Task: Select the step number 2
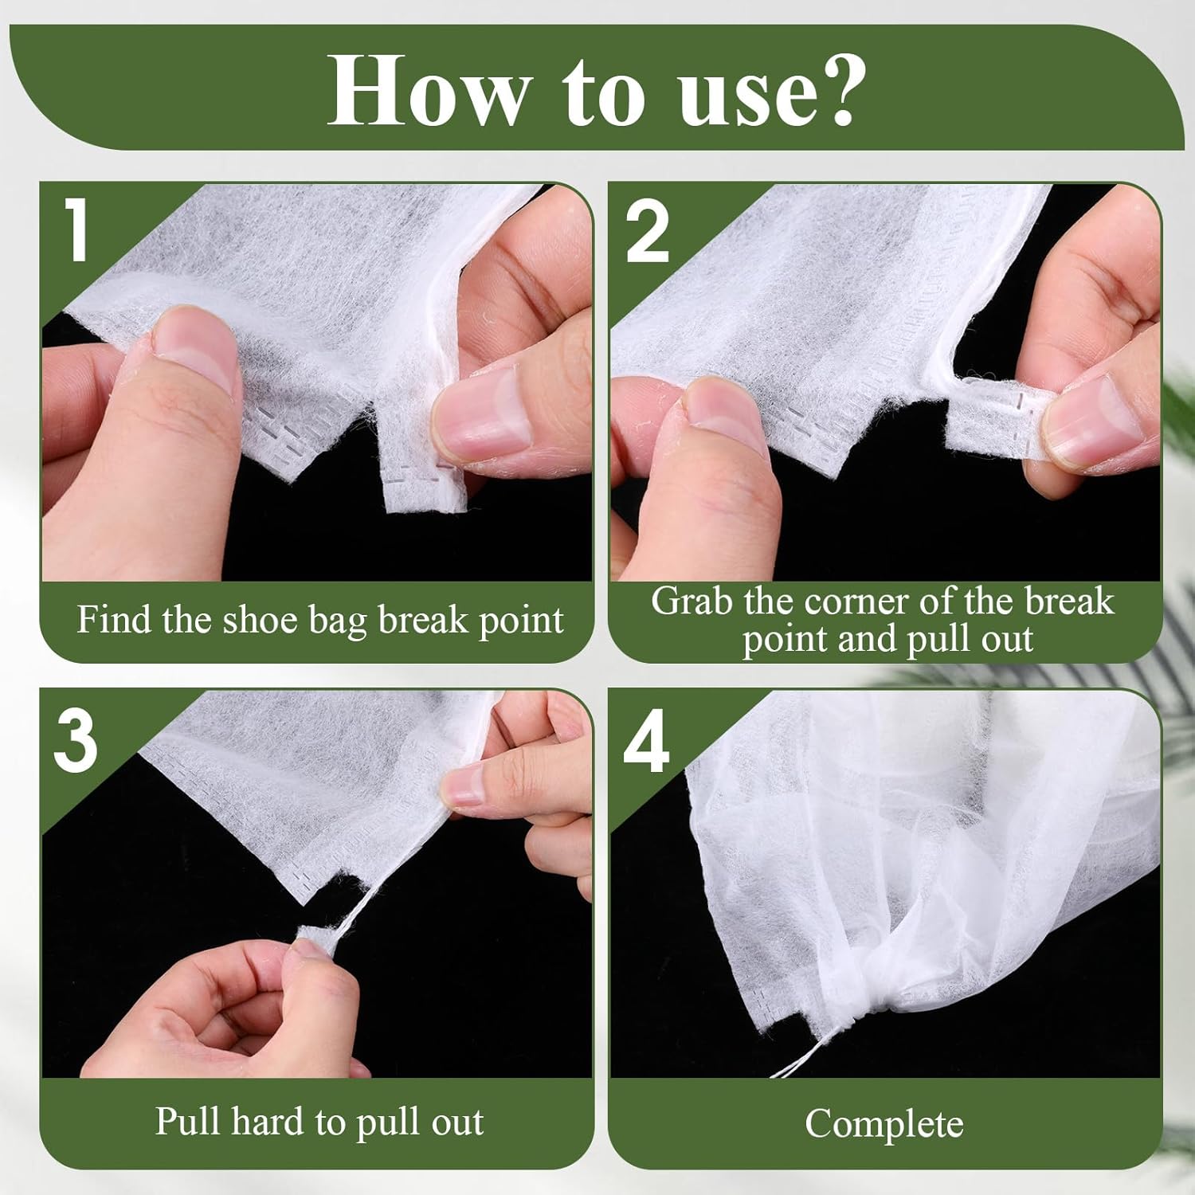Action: (x=647, y=232)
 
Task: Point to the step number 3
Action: (x=76, y=742)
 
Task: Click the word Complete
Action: (x=884, y=1124)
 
